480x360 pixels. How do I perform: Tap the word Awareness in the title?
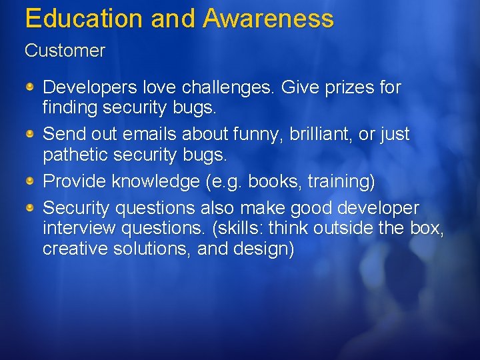click(x=268, y=18)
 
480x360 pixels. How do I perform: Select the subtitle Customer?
click(x=65, y=51)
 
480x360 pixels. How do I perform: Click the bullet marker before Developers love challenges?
click(x=31, y=87)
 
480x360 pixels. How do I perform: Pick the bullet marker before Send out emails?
click(x=31, y=135)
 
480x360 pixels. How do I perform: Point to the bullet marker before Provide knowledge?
click(x=31, y=181)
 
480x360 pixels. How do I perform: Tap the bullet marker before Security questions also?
click(x=31, y=209)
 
